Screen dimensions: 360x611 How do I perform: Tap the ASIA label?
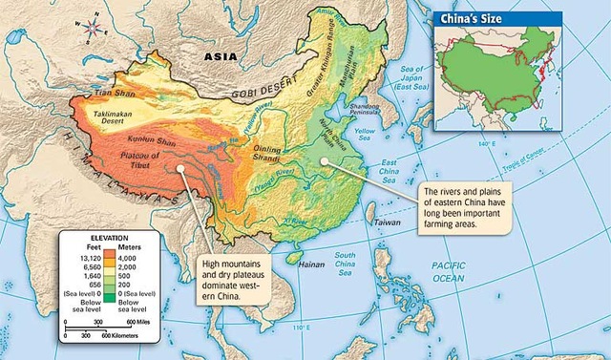pyautogui.click(x=221, y=56)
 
